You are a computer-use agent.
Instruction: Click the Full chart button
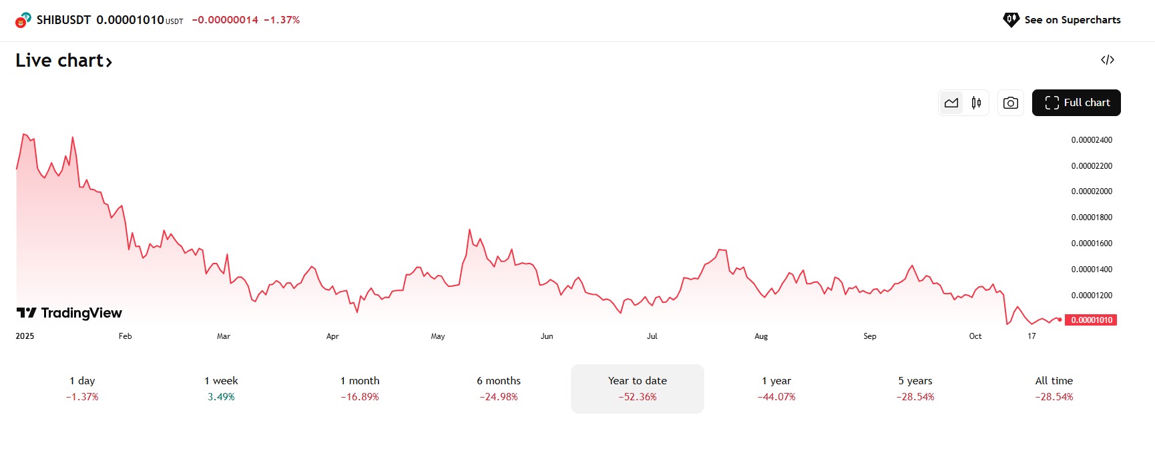[x=1076, y=103]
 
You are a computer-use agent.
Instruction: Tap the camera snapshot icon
[x=1010, y=103]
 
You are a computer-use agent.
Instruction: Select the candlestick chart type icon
[x=976, y=103]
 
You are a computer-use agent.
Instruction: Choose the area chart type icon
[x=951, y=103]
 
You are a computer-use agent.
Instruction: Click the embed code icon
[x=1108, y=60]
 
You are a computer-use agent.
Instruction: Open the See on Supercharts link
[x=1062, y=20]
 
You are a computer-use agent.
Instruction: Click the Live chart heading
[x=63, y=61]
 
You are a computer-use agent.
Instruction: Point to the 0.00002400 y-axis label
[x=1092, y=140]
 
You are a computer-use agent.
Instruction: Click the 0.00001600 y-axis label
[x=1092, y=244]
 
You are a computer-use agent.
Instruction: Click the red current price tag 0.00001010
[x=1092, y=320]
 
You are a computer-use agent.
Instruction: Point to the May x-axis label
[x=438, y=336]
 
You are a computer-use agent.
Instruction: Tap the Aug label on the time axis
[x=761, y=336]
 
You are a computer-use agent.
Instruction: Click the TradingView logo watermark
[x=69, y=313]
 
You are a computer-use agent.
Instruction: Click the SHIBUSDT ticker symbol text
[x=63, y=20]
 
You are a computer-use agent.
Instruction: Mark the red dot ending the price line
[x=1060, y=320]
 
